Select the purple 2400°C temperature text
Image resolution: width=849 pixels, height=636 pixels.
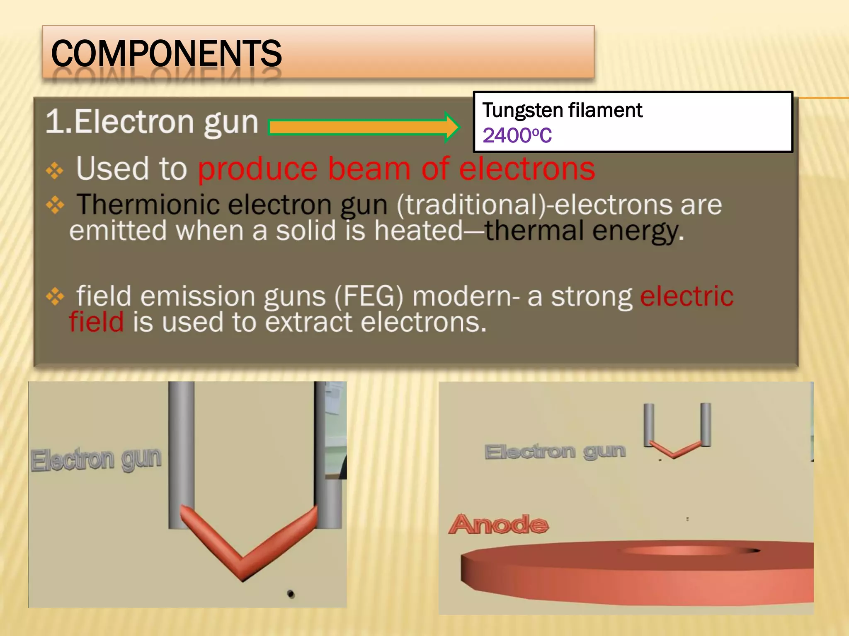517,135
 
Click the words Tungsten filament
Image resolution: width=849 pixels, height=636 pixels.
562,110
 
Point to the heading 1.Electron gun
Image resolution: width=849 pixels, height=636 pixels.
152,122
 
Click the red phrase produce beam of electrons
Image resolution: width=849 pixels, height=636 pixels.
396,169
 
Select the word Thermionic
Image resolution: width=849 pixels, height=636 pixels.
148,205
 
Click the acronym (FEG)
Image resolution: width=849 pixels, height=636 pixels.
369,296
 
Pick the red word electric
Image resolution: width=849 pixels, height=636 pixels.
686,296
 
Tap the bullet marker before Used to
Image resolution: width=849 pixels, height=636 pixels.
55,170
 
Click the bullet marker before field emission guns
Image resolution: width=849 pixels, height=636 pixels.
55,296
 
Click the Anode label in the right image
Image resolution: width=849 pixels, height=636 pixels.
499,524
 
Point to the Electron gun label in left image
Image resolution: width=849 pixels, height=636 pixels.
96,460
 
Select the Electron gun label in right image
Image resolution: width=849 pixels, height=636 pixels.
555,451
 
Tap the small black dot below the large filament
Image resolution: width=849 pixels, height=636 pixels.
291,594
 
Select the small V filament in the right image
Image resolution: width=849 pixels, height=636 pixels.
675,450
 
